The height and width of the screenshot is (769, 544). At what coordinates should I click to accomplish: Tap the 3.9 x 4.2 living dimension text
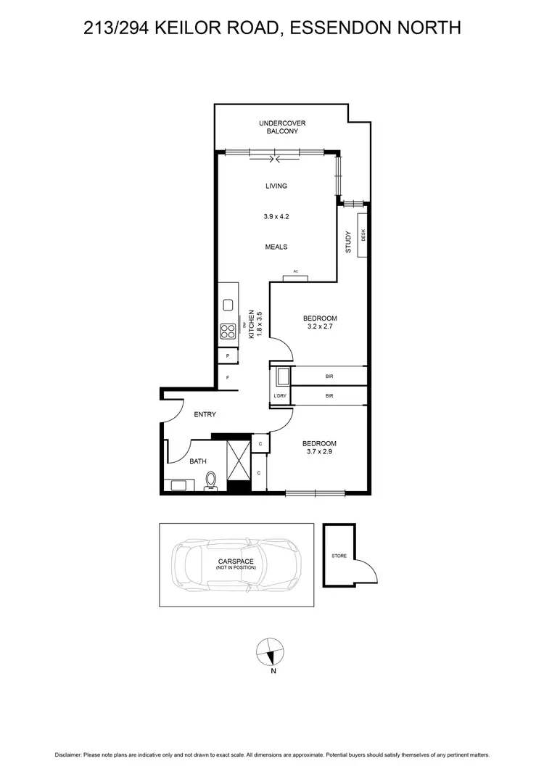point(276,216)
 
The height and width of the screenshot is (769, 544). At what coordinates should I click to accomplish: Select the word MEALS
point(276,247)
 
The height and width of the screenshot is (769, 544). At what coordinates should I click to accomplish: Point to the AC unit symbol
point(296,277)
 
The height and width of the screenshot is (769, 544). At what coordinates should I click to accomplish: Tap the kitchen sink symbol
point(227,305)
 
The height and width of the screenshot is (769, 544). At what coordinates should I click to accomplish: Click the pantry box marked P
point(228,356)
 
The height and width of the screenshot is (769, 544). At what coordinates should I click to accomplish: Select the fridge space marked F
point(228,378)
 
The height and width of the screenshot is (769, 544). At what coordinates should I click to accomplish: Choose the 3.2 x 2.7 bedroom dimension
point(320,326)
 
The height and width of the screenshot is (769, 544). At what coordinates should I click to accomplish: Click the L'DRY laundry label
point(280,395)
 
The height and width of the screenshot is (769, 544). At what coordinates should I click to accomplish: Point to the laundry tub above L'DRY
point(281,377)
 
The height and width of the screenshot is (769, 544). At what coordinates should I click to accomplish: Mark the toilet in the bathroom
point(211,480)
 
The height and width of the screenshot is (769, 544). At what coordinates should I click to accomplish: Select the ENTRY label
point(205,414)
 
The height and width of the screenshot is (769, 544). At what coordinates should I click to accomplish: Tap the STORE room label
point(339,556)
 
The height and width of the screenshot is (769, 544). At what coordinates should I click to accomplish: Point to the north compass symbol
point(271,652)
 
